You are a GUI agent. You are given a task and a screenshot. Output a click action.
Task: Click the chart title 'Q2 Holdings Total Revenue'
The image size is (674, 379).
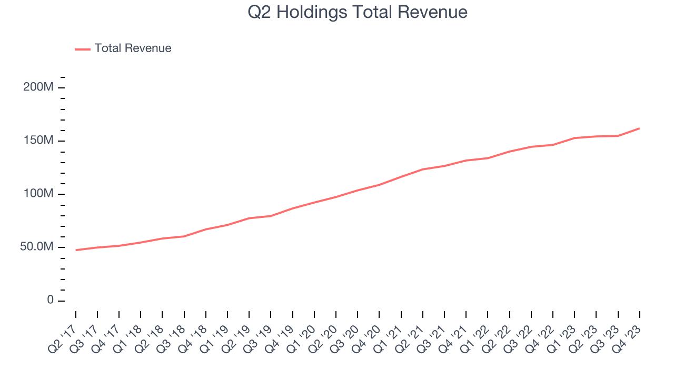tap(358, 12)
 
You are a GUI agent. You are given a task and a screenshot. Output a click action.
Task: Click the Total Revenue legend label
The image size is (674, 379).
tap(133, 48)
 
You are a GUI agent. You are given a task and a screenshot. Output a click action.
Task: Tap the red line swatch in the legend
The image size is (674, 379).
tap(83, 49)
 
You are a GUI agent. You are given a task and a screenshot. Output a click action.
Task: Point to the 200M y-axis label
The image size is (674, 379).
tap(38, 87)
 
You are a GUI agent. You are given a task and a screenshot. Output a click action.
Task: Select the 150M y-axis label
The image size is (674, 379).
tap(38, 141)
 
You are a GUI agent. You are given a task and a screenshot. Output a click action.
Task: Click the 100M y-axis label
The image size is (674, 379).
tap(38, 194)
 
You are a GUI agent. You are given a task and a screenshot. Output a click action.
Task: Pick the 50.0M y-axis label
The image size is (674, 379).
tap(37, 247)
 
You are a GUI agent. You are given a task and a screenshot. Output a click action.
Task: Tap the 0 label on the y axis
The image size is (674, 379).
tap(50, 300)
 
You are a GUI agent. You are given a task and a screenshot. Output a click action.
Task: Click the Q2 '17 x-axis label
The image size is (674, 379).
tap(62, 338)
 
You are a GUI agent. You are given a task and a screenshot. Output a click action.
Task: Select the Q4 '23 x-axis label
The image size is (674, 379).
tap(626, 338)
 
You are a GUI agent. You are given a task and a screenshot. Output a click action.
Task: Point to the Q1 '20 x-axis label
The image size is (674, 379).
tap(301, 338)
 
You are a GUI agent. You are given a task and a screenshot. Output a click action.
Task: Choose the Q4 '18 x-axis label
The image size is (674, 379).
tap(192, 338)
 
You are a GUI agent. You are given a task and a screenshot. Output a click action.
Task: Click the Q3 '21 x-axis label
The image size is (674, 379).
tap(431, 338)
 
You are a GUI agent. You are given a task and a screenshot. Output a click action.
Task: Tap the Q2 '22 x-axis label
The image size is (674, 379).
tap(496, 338)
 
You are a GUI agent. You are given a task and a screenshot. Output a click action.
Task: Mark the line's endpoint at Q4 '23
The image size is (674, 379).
tap(639, 128)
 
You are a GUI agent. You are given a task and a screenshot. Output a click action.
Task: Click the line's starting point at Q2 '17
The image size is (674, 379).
tap(76, 250)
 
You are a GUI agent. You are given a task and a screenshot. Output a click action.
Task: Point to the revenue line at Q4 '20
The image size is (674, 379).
tap(380, 185)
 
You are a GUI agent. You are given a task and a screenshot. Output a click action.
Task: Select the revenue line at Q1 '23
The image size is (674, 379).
tap(574, 138)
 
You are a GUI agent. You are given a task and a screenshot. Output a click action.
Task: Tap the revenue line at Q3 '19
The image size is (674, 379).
tap(271, 216)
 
